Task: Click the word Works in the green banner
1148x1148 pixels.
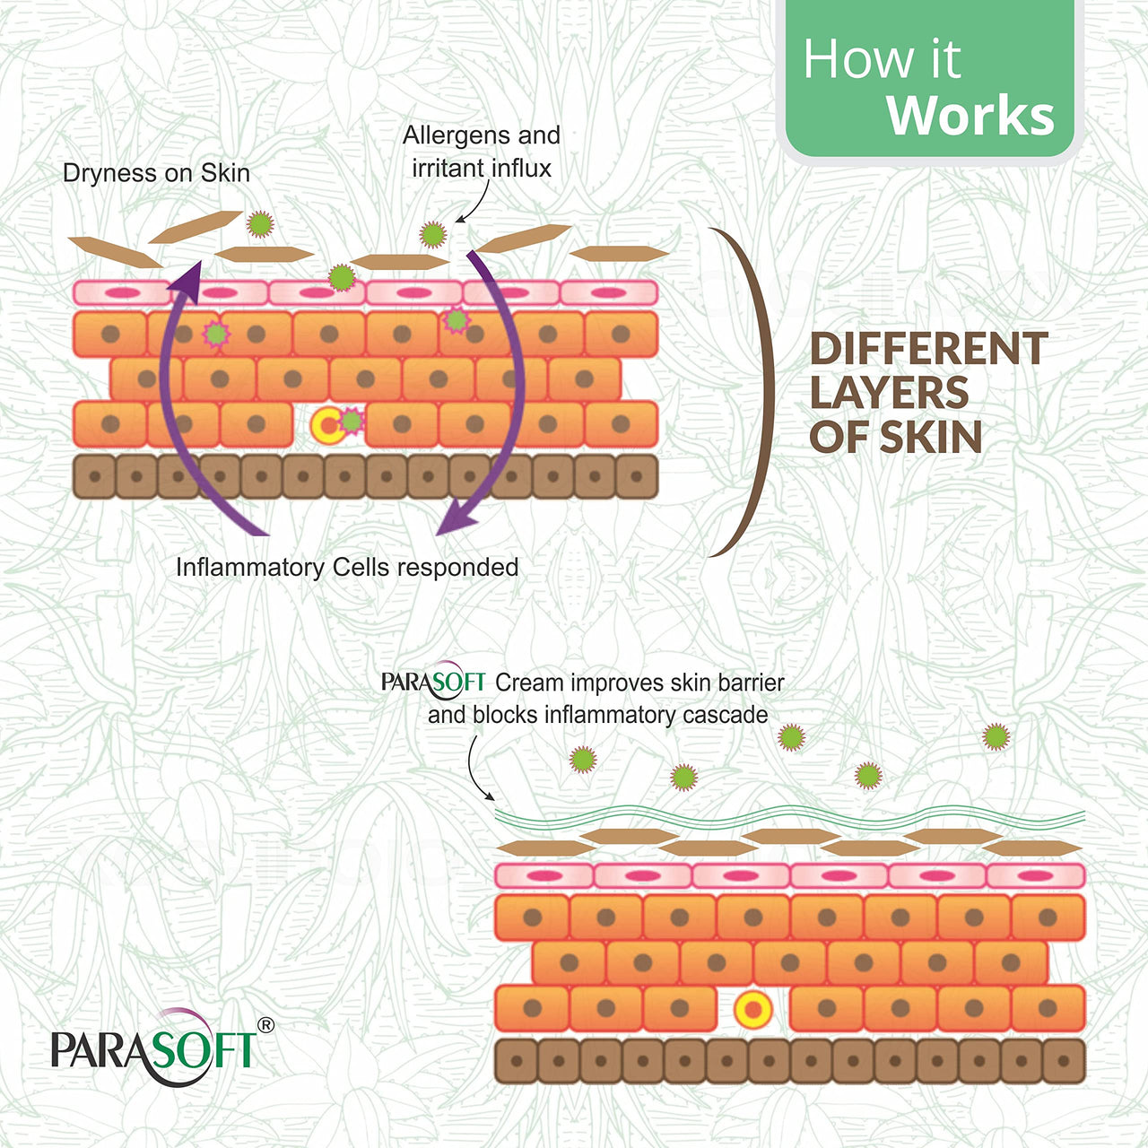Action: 970,116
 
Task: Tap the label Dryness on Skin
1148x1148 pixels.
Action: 156,173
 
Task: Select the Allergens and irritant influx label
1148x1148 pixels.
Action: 482,152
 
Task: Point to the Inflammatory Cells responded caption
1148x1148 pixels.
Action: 347,567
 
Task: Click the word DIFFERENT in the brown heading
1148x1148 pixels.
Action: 928,349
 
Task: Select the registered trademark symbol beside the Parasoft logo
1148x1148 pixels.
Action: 265,1025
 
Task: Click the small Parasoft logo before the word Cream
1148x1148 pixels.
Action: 433,683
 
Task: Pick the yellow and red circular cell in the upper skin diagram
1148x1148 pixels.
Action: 327,425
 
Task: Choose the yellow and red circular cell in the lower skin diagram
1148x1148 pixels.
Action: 752,1010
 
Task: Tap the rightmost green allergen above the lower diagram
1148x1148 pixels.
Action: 996,737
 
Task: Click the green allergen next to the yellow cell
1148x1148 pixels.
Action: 352,420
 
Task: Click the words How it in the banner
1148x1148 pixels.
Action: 881,60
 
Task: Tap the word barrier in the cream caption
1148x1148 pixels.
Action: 750,683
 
